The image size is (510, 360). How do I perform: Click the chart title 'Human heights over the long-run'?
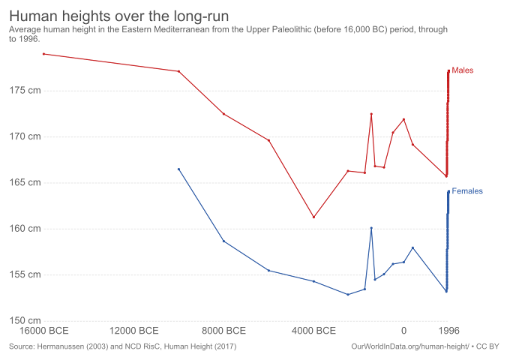(x=119, y=16)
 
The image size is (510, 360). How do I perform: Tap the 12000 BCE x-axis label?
(x=134, y=330)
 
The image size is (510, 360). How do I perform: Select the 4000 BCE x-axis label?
(x=314, y=330)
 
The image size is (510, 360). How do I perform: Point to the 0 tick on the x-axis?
(x=403, y=330)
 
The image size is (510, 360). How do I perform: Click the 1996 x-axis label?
(x=448, y=330)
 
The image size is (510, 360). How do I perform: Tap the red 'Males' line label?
(x=463, y=70)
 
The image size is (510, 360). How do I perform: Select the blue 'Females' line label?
(x=467, y=191)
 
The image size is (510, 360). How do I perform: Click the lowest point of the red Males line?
(x=313, y=217)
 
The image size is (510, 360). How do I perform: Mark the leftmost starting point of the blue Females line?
(x=178, y=169)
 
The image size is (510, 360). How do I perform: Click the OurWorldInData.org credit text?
(x=424, y=346)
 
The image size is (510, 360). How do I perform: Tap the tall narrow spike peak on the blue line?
(x=371, y=228)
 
